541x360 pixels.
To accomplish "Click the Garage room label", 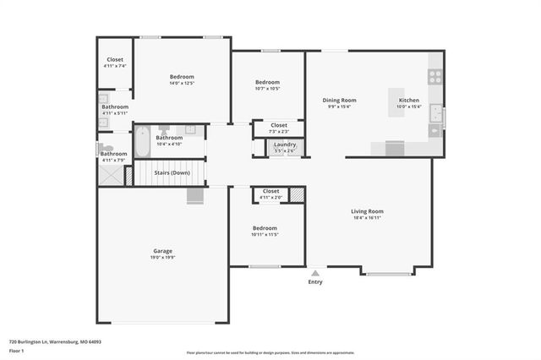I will coord(163,251).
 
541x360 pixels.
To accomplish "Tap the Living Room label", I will coord(368,210).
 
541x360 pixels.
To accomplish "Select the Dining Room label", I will coord(340,100).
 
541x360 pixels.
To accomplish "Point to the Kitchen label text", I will coord(408,100).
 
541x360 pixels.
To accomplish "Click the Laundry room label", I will coord(285,145).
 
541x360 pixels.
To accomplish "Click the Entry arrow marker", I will coord(315,273).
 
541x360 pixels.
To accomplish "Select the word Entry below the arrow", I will coord(315,282).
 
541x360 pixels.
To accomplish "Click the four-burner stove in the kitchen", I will coord(435,75).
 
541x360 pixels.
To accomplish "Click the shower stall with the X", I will coord(109,175).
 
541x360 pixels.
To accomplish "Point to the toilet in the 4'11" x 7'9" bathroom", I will coord(103,148).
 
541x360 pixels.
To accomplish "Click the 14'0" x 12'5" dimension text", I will coord(182,84).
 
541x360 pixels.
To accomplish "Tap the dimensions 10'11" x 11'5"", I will coord(265,235).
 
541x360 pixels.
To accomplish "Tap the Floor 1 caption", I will coord(17,350).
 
